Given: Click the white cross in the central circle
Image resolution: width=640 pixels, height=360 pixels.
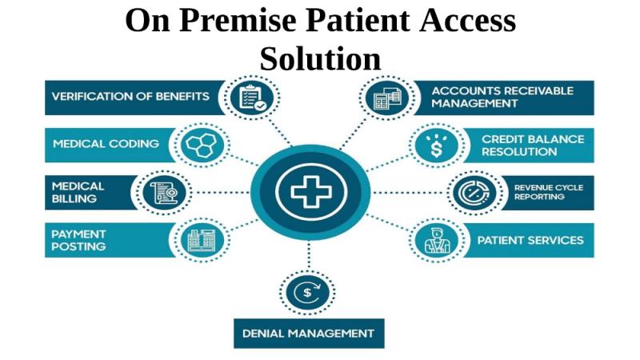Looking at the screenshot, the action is coord(311,192).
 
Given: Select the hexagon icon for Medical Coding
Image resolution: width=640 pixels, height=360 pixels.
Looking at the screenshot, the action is coord(201,145).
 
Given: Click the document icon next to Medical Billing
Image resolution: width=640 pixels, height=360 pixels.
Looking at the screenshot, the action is coord(165,193).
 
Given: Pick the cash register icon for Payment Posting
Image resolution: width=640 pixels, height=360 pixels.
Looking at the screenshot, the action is coord(202,241).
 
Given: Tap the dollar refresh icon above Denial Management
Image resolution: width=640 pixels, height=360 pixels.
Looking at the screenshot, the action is coord(307,292).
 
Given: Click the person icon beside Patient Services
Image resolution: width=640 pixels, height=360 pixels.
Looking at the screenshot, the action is coord(437,241).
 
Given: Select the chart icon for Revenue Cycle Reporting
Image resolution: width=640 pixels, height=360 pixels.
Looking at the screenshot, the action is coord(474,193).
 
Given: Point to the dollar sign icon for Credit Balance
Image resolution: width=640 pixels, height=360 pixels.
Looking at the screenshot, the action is coord(436,146).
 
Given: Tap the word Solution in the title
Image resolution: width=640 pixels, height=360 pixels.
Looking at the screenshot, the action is coord(321,58).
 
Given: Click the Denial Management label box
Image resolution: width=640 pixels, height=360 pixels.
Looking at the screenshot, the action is coord(309,334).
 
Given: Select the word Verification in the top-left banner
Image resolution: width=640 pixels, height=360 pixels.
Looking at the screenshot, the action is coord(87,96).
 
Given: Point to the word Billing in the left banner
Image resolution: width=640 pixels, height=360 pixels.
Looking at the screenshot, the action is coord(74,198).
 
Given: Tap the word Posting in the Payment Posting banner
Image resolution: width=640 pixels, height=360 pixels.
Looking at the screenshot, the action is coord(78,246).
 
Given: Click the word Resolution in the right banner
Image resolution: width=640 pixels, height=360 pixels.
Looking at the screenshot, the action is coord(519,152).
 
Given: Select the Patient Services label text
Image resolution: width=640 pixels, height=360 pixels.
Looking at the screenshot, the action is coord(530,240).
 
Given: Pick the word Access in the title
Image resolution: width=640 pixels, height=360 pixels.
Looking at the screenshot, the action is coord(468,20).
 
